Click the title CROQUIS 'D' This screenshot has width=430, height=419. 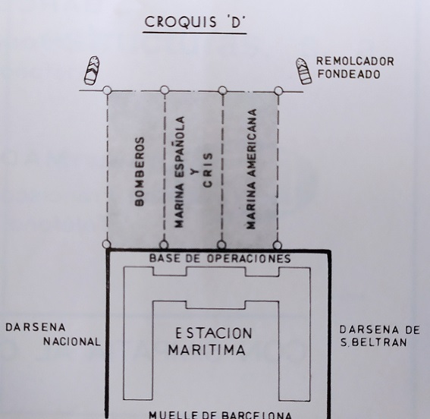194,22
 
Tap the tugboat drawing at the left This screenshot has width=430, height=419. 92,71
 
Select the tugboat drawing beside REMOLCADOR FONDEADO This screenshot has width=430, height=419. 303,71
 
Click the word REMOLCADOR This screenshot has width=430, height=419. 355,61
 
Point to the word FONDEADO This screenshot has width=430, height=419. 349,74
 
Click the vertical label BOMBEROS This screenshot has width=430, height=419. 140,172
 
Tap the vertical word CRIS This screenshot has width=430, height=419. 208,170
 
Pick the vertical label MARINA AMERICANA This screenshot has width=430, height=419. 251,169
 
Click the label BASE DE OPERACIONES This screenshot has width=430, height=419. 220,259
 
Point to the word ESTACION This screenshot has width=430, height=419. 213,333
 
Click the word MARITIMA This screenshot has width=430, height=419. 207,350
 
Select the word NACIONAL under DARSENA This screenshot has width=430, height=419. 72,342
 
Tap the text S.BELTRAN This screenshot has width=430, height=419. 373,342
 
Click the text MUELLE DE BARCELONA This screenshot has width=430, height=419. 220,414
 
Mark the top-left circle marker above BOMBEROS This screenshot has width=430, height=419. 107,90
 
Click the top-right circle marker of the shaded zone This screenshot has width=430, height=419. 278,91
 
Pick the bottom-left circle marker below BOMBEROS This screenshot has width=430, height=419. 106,244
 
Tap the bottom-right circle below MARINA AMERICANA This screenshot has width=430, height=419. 278,245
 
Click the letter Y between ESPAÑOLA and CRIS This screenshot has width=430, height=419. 194,172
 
